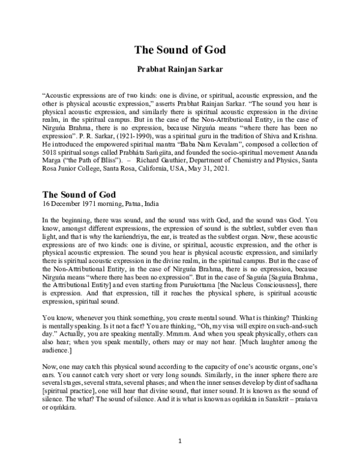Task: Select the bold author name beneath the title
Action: (x=179, y=70)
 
